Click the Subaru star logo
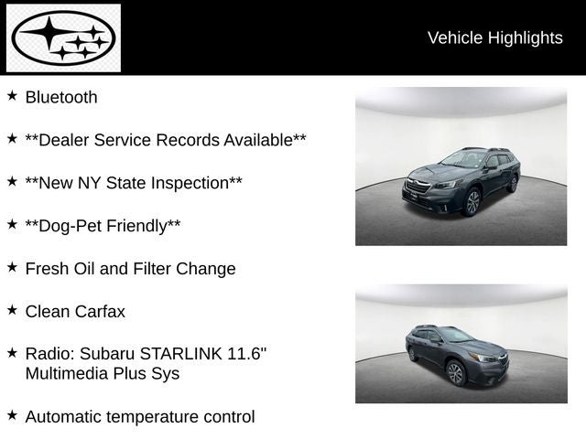(x=63, y=38)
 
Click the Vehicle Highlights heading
(x=494, y=37)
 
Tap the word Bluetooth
(x=61, y=97)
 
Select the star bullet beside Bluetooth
(x=12, y=95)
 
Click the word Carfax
(x=101, y=312)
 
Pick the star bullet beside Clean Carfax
(x=12, y=310)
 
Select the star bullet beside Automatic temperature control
(x=12, y=415)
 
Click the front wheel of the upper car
(x=472, y=202)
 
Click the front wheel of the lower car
(x=456, y=372)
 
